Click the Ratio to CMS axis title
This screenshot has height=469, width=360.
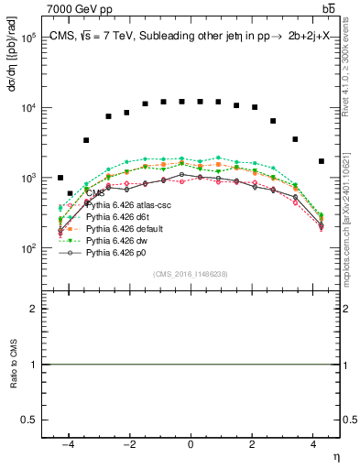[x=14, y=365]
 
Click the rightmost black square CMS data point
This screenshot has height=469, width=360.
[x=321, y=161]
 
